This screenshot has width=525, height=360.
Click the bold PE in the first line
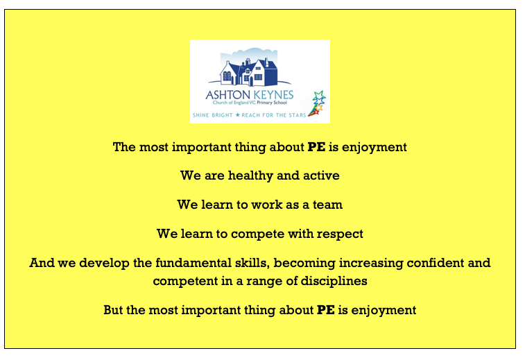pos(316,147)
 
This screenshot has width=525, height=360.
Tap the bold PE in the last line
pos(326,310)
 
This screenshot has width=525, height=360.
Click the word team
pos(327,205)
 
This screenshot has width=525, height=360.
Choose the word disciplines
pos(334,281)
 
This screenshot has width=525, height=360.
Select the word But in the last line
pos(113,310)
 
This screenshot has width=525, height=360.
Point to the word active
pos(321,175)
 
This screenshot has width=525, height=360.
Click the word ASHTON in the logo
pos(227,95)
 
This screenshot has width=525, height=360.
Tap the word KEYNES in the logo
pos(273,95)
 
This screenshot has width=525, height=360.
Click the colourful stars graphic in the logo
pos(317,103)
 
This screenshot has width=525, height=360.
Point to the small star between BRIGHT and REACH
pos(237,115)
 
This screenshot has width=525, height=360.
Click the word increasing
pos(371,264)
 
